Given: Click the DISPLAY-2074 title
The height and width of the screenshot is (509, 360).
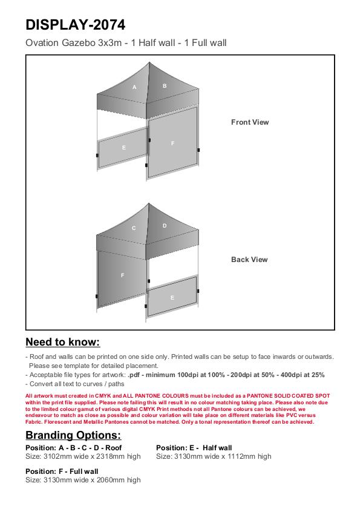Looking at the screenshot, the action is click(x=75, y=25).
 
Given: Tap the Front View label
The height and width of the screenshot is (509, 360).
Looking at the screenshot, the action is click(x=250, y=122).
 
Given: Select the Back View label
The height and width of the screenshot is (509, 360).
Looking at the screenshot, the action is click(x=249, y=260).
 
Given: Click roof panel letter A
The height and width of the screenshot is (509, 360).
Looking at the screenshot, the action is click(x=134, y=87).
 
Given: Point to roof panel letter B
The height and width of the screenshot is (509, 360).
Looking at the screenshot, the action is click(x=165, y=86).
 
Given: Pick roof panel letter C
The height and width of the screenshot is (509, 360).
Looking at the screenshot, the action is click(x=134, y=228).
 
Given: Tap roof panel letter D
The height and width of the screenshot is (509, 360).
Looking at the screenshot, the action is click(x=165, y=226).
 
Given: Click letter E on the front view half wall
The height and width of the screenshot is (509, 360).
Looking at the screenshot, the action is click(x=123, y=148).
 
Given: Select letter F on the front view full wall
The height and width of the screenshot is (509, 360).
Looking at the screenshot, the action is click(x=172, y=143).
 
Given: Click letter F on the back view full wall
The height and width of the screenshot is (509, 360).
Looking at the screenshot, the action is click(x=122, y=275).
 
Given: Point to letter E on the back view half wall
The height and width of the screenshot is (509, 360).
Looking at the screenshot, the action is click(x=172, y=298).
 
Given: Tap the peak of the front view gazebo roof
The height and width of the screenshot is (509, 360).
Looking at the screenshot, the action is click(x=149, y=62).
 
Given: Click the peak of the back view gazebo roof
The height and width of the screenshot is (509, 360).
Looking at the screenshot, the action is click(x=149, y=203).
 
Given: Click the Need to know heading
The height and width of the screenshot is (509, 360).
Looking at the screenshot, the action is click(x=63, y=342).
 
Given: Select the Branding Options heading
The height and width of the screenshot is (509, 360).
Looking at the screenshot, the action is click(x=73, y=435).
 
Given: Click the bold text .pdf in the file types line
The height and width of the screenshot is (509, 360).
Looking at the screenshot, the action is click(x=134, y=375).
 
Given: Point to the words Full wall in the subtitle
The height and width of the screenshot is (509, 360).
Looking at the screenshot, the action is click(x=209, y=43).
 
